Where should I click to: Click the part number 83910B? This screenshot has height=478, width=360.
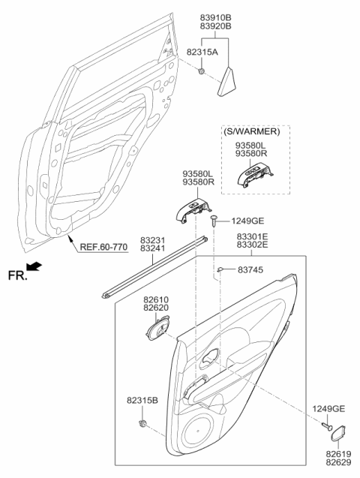215,15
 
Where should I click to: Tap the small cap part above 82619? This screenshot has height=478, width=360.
338,434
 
